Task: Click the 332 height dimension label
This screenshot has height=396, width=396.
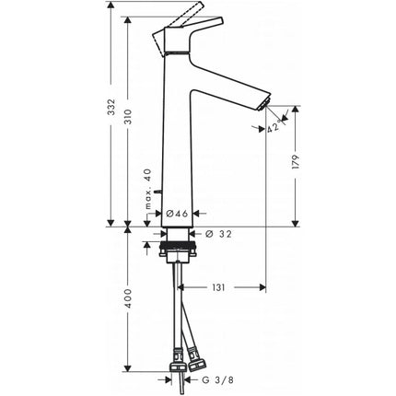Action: point(112,107)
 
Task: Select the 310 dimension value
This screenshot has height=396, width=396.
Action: point(128,117)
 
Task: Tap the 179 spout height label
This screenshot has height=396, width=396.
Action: point(296,162)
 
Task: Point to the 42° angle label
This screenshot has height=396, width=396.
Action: point(274,126)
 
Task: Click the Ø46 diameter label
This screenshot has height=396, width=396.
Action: point(177,214)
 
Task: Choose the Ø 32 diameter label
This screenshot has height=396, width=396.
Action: point(218,234)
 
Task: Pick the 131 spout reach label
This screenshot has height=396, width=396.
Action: point(218,287)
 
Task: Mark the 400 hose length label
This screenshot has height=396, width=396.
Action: point(128,299)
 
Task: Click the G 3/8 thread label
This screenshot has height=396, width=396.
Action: point(217,380)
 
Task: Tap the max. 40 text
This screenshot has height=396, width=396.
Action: point(148,189)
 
